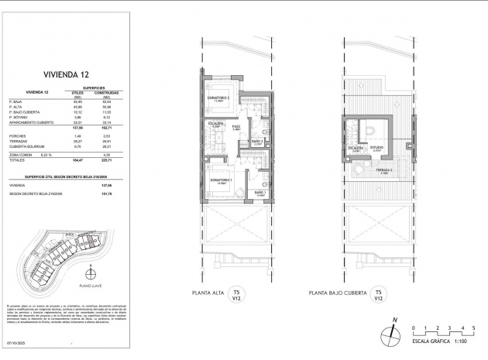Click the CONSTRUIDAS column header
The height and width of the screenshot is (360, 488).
(x=110, y=93)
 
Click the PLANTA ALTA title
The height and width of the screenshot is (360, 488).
(x=208, y=294)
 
